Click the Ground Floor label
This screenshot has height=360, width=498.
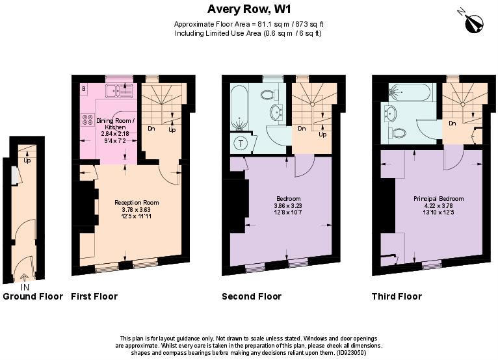pos(33,297)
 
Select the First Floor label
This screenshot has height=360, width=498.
pos(94,297)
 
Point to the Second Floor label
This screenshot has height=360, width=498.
pos(252,297)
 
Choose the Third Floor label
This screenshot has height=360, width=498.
pos(397,297)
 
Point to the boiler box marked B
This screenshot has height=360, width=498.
pos(84,88)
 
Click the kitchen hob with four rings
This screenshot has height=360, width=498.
pos(86,120)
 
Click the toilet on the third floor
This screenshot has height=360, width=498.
pos(399,133)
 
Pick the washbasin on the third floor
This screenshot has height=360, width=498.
pos(391,112)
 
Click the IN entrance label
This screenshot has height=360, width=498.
pos(25,287)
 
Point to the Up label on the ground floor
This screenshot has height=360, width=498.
pos(27,160)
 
